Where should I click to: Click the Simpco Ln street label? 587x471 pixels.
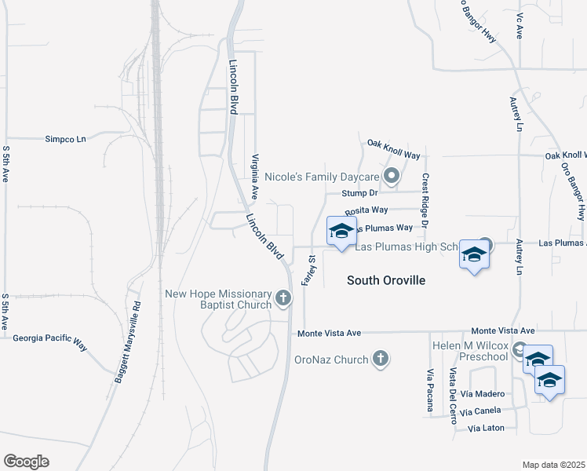tap(65, 138)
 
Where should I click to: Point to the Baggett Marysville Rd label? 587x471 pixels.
tap(127, 342)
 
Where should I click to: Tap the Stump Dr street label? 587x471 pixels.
tap(360, 193)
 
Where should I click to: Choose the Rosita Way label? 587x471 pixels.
tap(366, 211)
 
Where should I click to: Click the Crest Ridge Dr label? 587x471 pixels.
tap(425, 201)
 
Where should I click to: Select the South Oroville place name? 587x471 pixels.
tap(386, 280)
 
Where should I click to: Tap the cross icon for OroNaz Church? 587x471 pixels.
tap(381, 359)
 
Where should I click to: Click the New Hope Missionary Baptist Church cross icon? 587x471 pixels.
tap(283, 298)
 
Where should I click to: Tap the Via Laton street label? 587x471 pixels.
tap(486, 429)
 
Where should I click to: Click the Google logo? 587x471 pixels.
tap(26, 462)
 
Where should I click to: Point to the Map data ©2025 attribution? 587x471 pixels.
tap(553, 465)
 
